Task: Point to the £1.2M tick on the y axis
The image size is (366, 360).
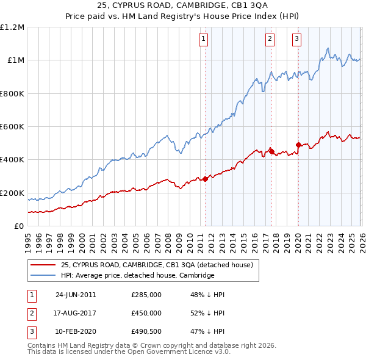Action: (x=12, y=27)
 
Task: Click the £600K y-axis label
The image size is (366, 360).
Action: (x=12, y=127)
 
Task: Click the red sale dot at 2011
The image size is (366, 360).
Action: (x=206, y=179)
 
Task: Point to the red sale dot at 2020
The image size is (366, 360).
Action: (x=298, y=145)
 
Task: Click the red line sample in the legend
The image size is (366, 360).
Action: (x=44, y=265)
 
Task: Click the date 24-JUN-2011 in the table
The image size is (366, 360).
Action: (x=76, y=295)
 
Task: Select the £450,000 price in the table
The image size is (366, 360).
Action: (x=146, y=313)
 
